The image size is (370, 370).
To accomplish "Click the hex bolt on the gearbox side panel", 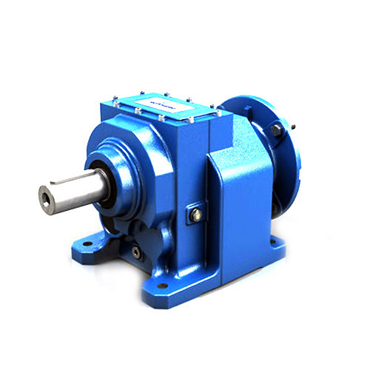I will coord(196,215).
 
